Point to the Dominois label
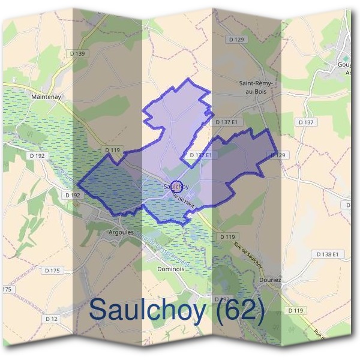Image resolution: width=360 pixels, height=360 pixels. pos(170,269)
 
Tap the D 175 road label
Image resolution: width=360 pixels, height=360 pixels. pos(52,271)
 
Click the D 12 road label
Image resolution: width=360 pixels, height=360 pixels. pos(52,319)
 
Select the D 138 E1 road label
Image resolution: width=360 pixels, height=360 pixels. pos(328,254)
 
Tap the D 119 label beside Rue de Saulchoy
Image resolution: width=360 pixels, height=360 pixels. pos(227,237)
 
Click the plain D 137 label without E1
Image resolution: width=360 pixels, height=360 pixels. pos(306,122)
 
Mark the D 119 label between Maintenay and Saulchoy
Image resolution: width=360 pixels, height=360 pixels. pos(112,150)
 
